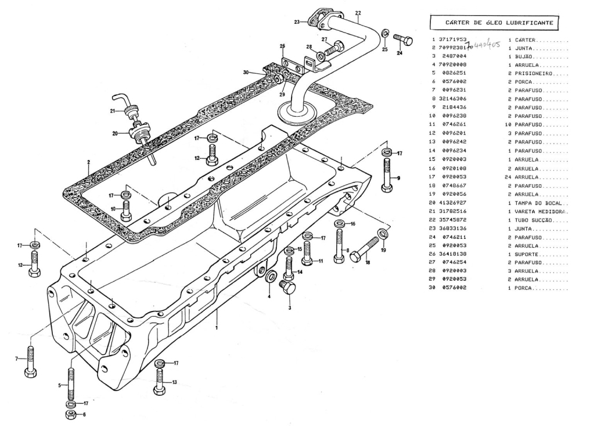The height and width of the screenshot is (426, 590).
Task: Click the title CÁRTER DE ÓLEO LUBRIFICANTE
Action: tap(499, 23)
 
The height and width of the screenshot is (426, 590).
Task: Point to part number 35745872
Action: tap(453, 221)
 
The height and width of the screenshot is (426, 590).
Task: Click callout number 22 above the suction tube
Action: tap(358, 12)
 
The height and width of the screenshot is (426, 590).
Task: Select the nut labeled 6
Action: tap(69, 414)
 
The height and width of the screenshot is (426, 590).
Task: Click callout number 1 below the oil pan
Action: tap(216, 328)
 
